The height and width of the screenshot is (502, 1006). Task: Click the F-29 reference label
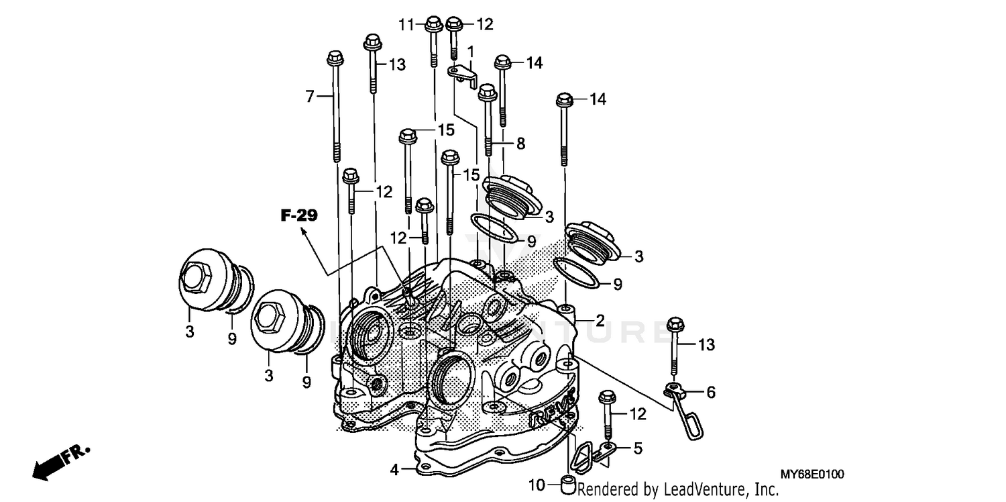299,215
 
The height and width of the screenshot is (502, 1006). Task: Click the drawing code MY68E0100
812,474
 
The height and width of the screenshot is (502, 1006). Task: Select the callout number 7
310,97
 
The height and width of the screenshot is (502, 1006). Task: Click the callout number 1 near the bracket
471,51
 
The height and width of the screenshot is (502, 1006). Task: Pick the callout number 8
520,143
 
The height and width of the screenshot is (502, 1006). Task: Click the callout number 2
600,321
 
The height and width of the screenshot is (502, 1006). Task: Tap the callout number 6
710,393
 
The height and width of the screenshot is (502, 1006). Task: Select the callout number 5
638,448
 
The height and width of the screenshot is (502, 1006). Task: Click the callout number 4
394,470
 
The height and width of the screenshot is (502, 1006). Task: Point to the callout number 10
537,485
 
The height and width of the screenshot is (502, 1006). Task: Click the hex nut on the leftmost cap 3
194,277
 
